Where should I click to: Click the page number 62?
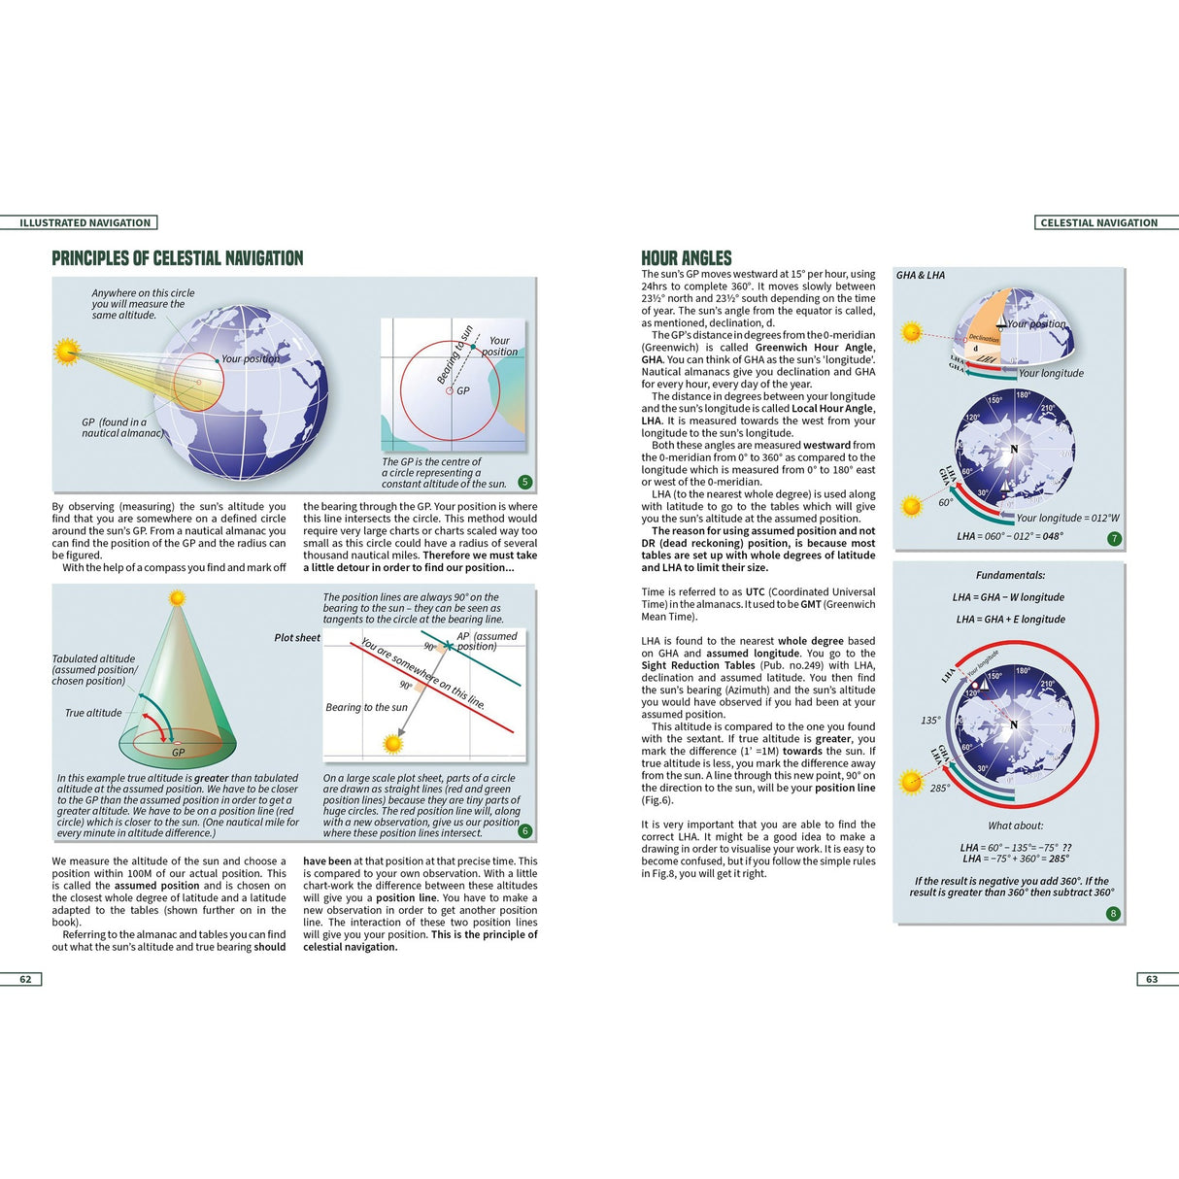(x=25, y=979)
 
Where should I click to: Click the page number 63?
(x=1151, y=979)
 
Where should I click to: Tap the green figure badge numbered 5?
(x=525, y=482)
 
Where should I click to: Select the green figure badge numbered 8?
(x=1113, y=913)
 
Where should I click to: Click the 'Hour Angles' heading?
(x=687, y=258)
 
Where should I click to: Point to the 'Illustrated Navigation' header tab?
(x=85, y=222)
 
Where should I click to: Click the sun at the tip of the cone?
(x=177, y=598)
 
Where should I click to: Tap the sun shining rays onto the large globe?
(x=66, y=351)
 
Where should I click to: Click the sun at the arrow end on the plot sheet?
(x=393, y=744)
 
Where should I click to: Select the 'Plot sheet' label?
(x=297, y=638)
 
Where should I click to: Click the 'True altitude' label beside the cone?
(x=93, y=713)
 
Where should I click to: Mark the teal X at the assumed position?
(x=449, y=645)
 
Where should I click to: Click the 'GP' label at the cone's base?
(x=179, y=753)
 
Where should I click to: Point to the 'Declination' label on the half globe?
(x=984, y=338)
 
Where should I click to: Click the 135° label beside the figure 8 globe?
(x=930, y=721)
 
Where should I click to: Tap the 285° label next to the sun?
(x=940, y=788)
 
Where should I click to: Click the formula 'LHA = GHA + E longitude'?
(x=1010, y=620)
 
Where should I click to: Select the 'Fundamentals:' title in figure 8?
(x=1010, y=576)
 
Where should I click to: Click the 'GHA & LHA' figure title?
(x=921, y=276)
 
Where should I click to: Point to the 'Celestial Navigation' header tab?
(x=1098, y=222)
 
